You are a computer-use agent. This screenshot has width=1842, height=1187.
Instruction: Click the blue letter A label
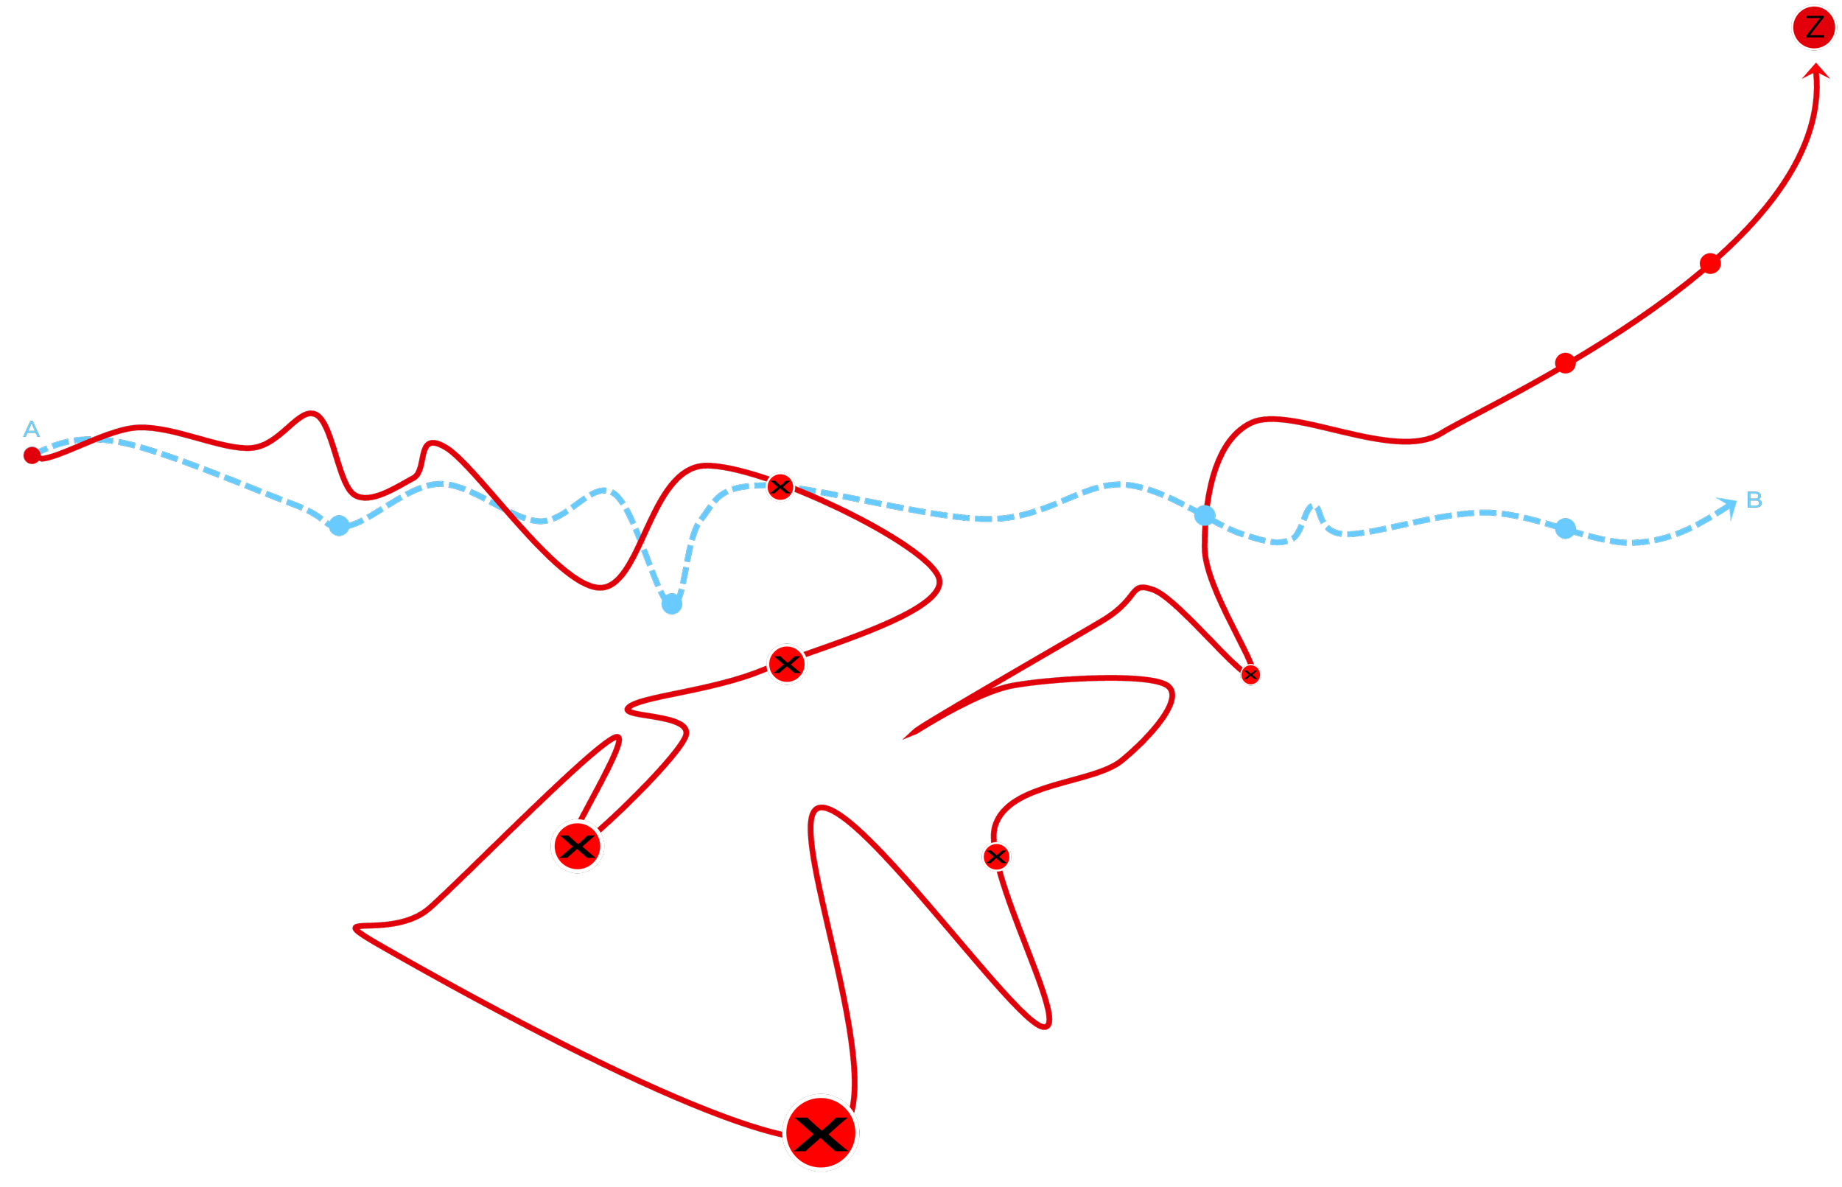[x=31, y=429]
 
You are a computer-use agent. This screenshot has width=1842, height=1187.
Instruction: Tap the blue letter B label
[x=1754, y=500]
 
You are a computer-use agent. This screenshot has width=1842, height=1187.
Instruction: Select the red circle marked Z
[x=1814, y=28]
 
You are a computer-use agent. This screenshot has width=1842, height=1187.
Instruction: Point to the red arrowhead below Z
[x=1815, y=71]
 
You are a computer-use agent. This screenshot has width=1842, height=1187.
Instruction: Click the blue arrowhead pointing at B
[x=1726, y=508]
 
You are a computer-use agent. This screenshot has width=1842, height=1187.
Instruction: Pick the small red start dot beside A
[x=32, y=455]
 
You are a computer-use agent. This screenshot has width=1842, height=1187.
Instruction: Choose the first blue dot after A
[x=339, y=525]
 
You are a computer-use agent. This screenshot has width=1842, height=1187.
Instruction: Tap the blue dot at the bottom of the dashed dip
[x=672, y=604]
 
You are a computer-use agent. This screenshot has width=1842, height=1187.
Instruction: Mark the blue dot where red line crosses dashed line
[x=1205, y=516]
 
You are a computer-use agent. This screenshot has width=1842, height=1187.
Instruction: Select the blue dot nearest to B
[x=1565, y=529]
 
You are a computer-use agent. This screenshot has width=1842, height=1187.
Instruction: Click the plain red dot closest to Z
[x=1710, y=264]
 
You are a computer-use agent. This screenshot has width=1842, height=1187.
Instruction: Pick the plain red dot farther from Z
[x=1565, y=363]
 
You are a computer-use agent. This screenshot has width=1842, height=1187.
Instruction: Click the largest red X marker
[x=821, y=1133]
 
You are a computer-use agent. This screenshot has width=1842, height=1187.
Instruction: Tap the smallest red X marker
[x=1251, y=675]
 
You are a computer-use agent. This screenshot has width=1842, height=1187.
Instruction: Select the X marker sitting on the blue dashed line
[x=781, y=487]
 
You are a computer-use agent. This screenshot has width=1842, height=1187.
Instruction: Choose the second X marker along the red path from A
[x=787, y=665]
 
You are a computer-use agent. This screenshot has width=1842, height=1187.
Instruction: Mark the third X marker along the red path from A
[x=577, y=847]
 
